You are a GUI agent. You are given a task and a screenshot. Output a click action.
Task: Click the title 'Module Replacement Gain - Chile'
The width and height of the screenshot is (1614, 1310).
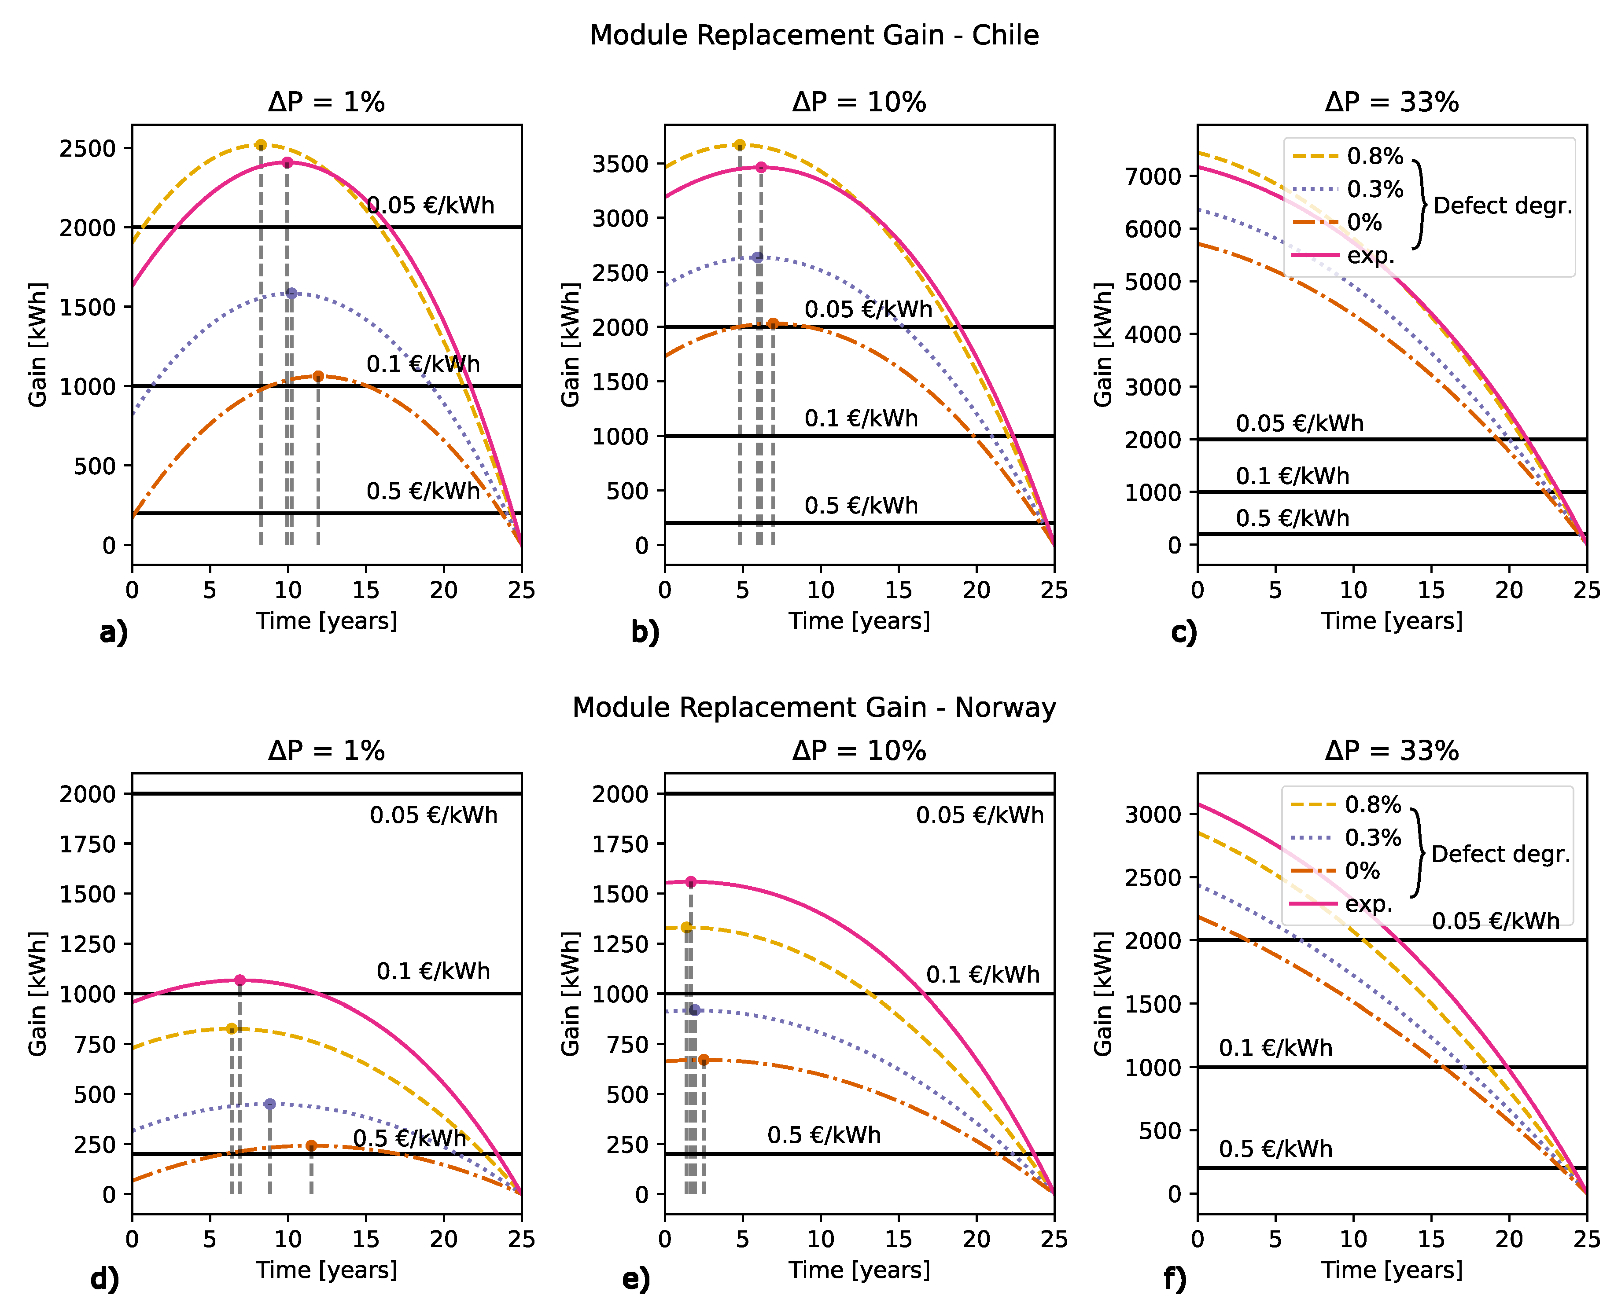coord(813,36)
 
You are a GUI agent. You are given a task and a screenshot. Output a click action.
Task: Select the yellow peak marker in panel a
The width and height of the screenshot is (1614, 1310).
coord(261,145)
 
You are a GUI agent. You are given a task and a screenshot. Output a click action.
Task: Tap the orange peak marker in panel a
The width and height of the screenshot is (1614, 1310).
coord(318,376)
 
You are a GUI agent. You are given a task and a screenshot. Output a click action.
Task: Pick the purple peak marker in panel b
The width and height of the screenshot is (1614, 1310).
coord(757,257)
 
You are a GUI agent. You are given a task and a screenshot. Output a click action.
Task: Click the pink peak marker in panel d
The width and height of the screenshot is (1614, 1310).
coord(240,980)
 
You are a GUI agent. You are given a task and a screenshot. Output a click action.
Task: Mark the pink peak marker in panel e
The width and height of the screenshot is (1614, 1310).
coord(690,881)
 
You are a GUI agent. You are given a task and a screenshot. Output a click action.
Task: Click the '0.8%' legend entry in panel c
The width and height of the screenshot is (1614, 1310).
coord(1374,156)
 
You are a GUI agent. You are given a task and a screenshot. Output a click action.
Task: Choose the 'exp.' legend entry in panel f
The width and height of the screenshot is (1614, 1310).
coord(1368,903)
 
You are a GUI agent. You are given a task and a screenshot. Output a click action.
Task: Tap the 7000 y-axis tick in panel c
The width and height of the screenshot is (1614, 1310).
coord(1153,176)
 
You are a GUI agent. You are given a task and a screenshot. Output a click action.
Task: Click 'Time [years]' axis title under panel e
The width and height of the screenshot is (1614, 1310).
coord(859,1270)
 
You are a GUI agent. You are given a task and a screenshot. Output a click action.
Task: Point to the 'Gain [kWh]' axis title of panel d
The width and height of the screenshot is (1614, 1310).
coord(38,993)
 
